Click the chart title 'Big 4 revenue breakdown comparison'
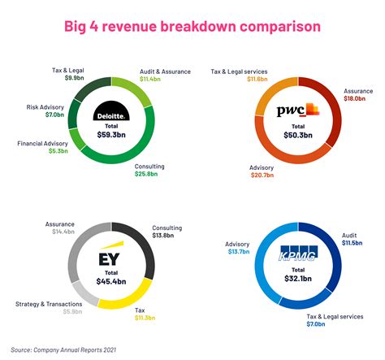[x=192, y=26]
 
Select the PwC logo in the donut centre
[x=297, y=109]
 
